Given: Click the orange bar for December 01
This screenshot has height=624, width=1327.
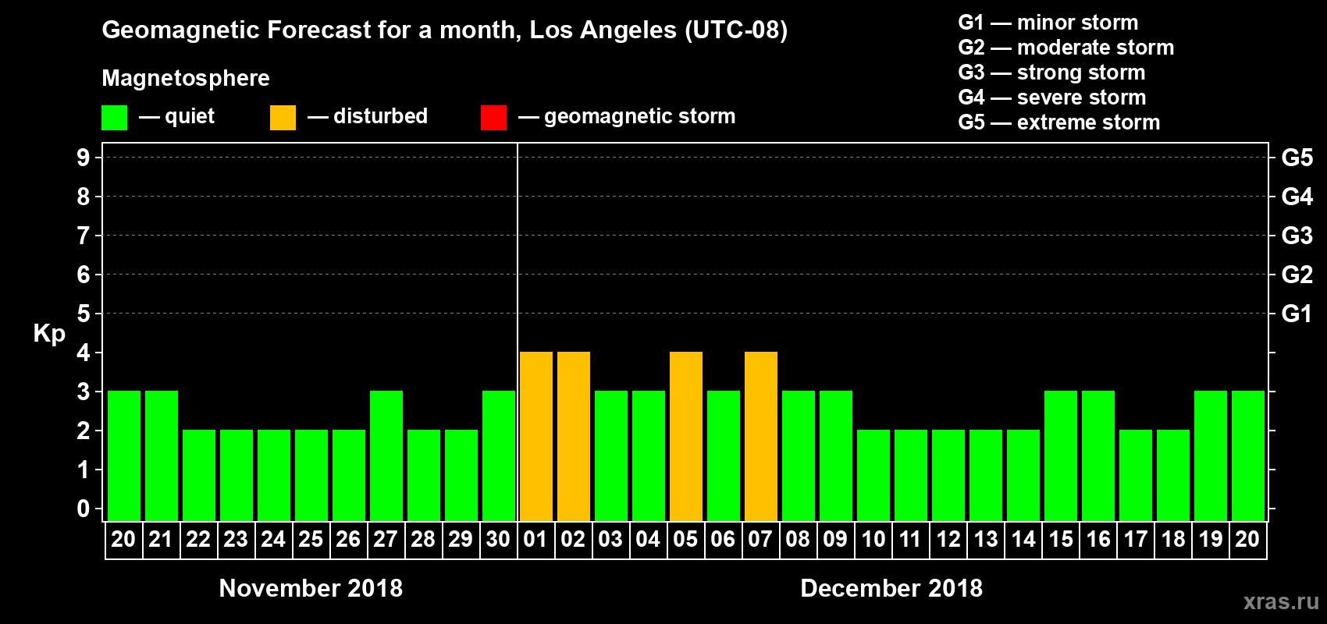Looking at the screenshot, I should [x=535, y=436].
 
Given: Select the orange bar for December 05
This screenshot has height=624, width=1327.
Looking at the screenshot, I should [x=685, y=436].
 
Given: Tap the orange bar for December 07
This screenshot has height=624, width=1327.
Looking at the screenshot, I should [x=760, y=436].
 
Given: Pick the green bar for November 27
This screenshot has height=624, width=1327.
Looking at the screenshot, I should [x=386, y=456].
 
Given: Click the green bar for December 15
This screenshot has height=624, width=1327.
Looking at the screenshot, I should [x=1060, y=456].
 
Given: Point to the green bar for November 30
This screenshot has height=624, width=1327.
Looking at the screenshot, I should [x=498, y=456].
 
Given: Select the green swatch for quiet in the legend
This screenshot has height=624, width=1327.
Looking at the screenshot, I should [x=114, y=118].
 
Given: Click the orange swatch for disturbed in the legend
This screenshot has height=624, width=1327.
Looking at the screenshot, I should [x=283, y=118].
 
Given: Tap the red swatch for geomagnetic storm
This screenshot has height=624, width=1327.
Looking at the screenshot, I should [x=493, y=118].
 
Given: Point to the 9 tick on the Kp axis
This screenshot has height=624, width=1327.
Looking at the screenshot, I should [x=84, y=158].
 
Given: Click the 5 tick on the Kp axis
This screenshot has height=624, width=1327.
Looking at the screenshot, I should [x=84, y=314].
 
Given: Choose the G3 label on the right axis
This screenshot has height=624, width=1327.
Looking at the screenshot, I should [x=1297, y=236].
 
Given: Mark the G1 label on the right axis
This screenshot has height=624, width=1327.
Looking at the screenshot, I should [x=1297, y=314].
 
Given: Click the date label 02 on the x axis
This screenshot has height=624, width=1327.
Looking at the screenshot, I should [x=573, y=539].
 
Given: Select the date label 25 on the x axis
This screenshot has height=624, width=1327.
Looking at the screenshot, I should [x=311, y=539].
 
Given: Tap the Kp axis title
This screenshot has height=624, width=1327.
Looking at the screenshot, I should [x=49, y=333].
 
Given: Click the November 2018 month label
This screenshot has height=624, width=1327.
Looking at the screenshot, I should [x=311, y=588].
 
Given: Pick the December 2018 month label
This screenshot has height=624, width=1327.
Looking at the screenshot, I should [x=891, y=588].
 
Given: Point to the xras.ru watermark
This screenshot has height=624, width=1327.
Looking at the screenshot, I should [x=1281, y=601].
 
